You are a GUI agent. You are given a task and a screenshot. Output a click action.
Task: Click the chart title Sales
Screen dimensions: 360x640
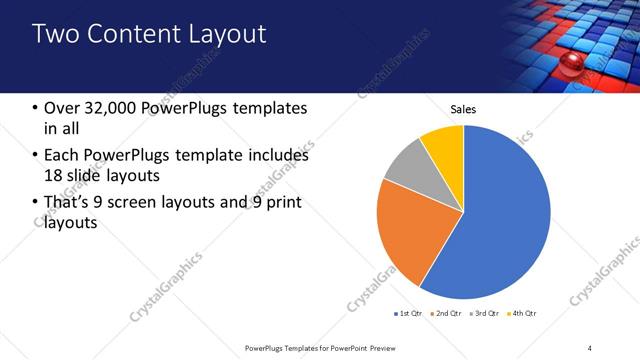[x=463, y=109]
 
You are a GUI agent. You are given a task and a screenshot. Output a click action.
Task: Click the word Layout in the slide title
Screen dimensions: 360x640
[x=228, y=35]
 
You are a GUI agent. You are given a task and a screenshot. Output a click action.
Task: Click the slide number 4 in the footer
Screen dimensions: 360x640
[x=590, y=347]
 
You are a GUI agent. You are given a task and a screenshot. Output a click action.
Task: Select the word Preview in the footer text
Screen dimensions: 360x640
[x=396, y=347]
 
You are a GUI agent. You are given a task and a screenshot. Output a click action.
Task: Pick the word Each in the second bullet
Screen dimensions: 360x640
[x=62, y=155]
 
